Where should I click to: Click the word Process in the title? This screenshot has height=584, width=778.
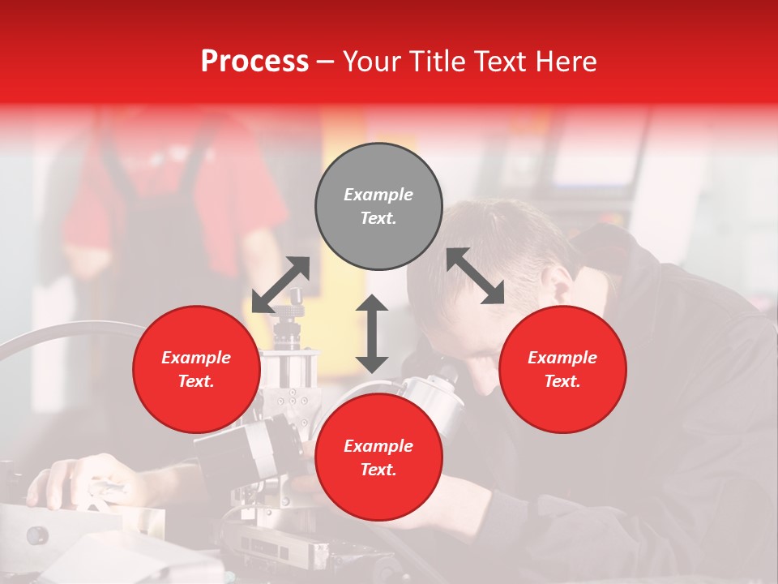[x=254, y=62]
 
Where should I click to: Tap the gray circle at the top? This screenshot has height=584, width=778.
[x=378, y=207]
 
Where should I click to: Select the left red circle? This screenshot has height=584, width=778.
[x=196, y=369]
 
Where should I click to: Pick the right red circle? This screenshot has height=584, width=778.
[x=562, y=369]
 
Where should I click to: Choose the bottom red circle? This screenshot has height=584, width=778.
[x=378, y=457]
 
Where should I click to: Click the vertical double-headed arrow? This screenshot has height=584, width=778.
[x=372, y=333]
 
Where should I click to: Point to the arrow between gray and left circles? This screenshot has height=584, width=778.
[x=280, y=285]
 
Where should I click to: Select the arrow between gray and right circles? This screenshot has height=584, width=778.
[x=475, y=276]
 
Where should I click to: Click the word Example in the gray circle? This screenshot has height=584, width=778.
[x=378, y=195]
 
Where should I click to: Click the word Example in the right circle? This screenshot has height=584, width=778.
[x=562, y=358]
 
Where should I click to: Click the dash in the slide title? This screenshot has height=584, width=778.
[x=326, y=62]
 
